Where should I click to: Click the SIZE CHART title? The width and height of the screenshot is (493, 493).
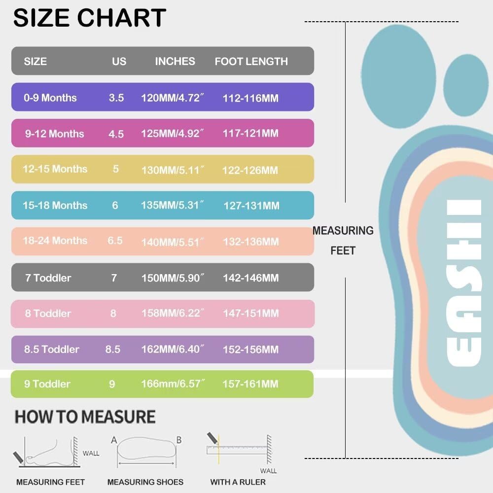pos(89,18)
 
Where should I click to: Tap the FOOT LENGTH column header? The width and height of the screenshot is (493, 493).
pos(251,62)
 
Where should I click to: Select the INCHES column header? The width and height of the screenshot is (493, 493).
pos(175,62)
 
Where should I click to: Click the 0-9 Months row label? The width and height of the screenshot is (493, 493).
pos(50,98)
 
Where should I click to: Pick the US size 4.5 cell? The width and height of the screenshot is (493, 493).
pos(116,134)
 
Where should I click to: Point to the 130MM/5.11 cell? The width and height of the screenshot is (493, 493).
pos(173,170)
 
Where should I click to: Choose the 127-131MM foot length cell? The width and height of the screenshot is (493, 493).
pos(251,206)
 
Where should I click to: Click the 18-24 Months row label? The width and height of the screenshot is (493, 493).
pos(55,241)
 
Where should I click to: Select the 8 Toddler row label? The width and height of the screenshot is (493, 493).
pos(48,314)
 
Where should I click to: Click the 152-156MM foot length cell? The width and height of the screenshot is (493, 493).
pos(250,350)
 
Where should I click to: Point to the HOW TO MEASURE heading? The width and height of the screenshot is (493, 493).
pos(85,417)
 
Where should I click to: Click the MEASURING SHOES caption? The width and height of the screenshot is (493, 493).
pos(145,482)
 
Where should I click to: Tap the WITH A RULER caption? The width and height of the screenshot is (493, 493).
pos(238,482)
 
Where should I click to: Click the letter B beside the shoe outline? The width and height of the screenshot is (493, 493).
pos(179,440)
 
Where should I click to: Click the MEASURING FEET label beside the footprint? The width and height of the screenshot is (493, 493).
pos(343,241)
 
